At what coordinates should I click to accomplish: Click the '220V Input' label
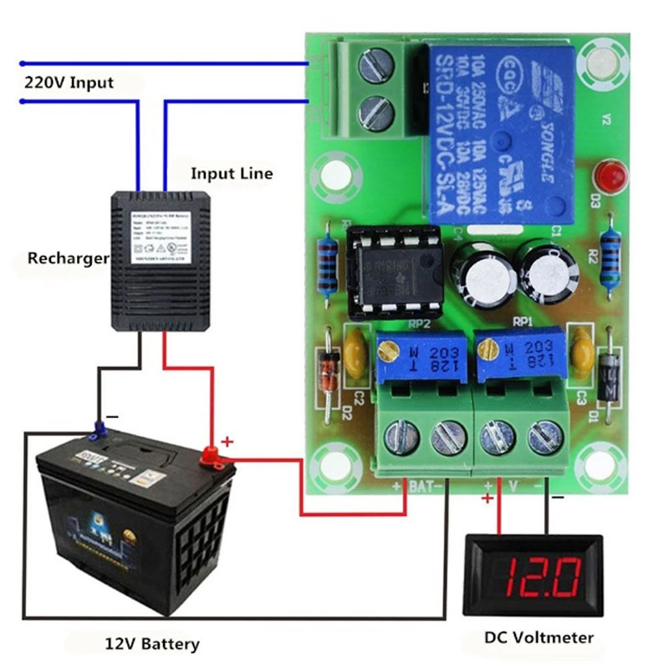(x=69, y=83)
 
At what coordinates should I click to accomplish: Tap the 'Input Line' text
(x=232, y=174)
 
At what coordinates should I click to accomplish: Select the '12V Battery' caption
(x=152, y=644)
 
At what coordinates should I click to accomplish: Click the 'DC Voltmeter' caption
(x=539, y=638)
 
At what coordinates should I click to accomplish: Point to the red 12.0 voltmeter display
(x=532, y=576)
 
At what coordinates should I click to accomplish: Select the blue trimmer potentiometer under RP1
(x=517, y=353)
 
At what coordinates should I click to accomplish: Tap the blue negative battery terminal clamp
(x=98, y=431)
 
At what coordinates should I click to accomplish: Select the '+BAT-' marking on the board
(x=418, y=485)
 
